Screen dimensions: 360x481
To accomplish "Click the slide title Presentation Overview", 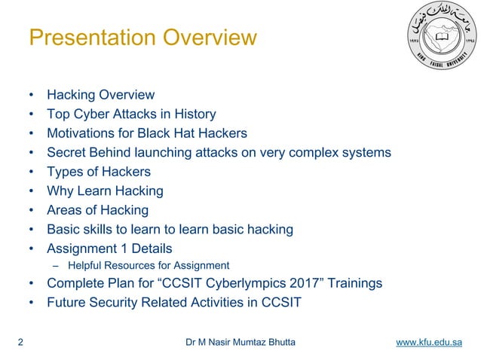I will (142, 37).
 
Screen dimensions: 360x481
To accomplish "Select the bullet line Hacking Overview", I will (100, 95).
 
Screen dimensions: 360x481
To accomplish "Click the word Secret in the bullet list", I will (67, 153).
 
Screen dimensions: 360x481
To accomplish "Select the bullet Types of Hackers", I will (99, 172).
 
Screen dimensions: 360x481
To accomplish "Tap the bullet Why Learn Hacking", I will (105, 191).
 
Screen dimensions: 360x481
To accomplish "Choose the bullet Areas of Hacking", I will (97, 210).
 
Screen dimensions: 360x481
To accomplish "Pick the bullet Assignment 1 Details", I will (109, 249).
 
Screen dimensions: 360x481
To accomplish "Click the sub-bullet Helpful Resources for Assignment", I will (149, 265).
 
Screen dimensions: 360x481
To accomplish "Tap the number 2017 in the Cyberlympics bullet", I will (299, 283).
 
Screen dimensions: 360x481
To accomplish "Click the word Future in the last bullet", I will (66, 303).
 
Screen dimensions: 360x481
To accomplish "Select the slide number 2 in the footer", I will (20, 343).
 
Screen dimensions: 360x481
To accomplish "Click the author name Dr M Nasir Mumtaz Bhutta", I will (240, 343).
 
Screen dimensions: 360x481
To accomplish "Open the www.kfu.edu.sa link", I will (429, 343).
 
